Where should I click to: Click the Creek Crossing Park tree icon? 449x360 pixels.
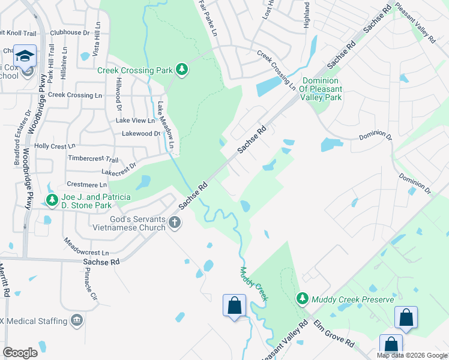pyautogui.click(x=181, y=70)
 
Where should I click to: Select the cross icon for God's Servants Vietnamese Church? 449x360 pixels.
pyautogui.click(x=175, y=223)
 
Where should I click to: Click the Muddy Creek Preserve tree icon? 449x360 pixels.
pyautogui.click(x=303, y=298)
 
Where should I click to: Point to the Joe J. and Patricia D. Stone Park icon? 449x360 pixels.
pyautogui.click(x=52, y=200)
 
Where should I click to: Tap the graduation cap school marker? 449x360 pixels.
pyautogui.click(x=25, y=56)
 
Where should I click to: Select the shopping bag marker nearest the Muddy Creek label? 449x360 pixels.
pyautogui.click(x=234, y=305)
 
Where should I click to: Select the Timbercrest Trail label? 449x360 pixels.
pyautogui.click(x=93, y=160)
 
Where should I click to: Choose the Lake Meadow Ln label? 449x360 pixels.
pyautogui.click(x=165, y=125)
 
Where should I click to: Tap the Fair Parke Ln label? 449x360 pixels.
pyautogui.click(x=207, y=22)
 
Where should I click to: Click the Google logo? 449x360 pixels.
pyautogui.click(x=20, y=352)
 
